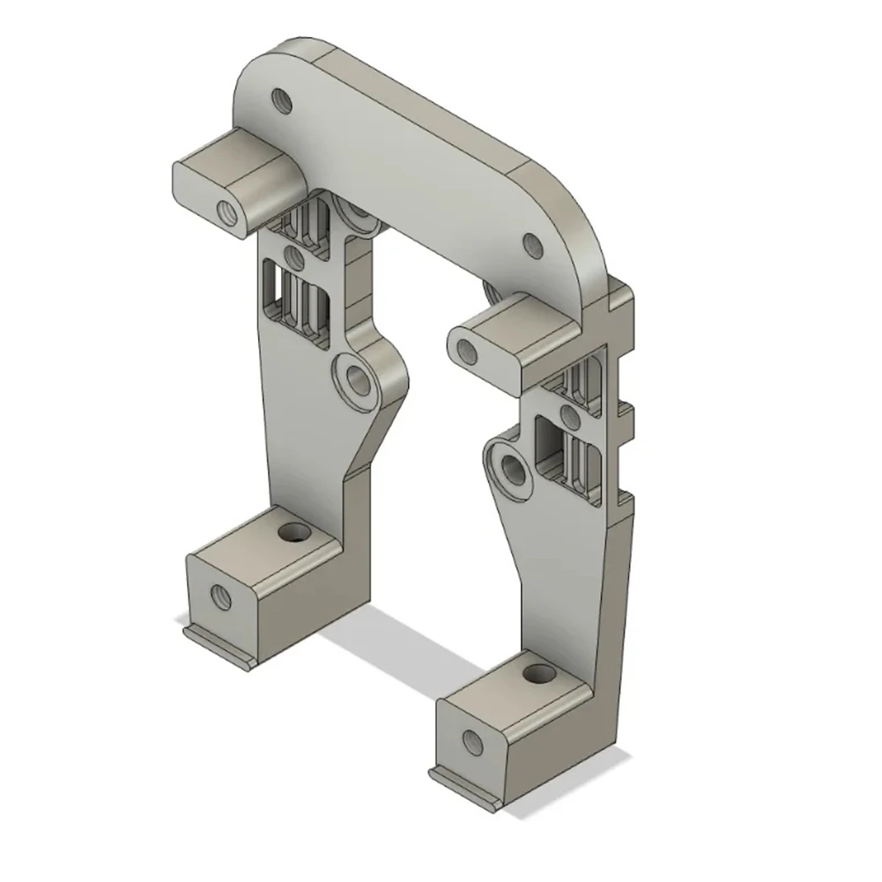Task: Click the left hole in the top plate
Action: point(282,100)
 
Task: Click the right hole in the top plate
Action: point(533,246)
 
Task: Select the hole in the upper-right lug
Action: point(467,352)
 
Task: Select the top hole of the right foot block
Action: point(534,676)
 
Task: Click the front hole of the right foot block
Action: point(471,742)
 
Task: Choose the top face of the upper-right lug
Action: point(511,322)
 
